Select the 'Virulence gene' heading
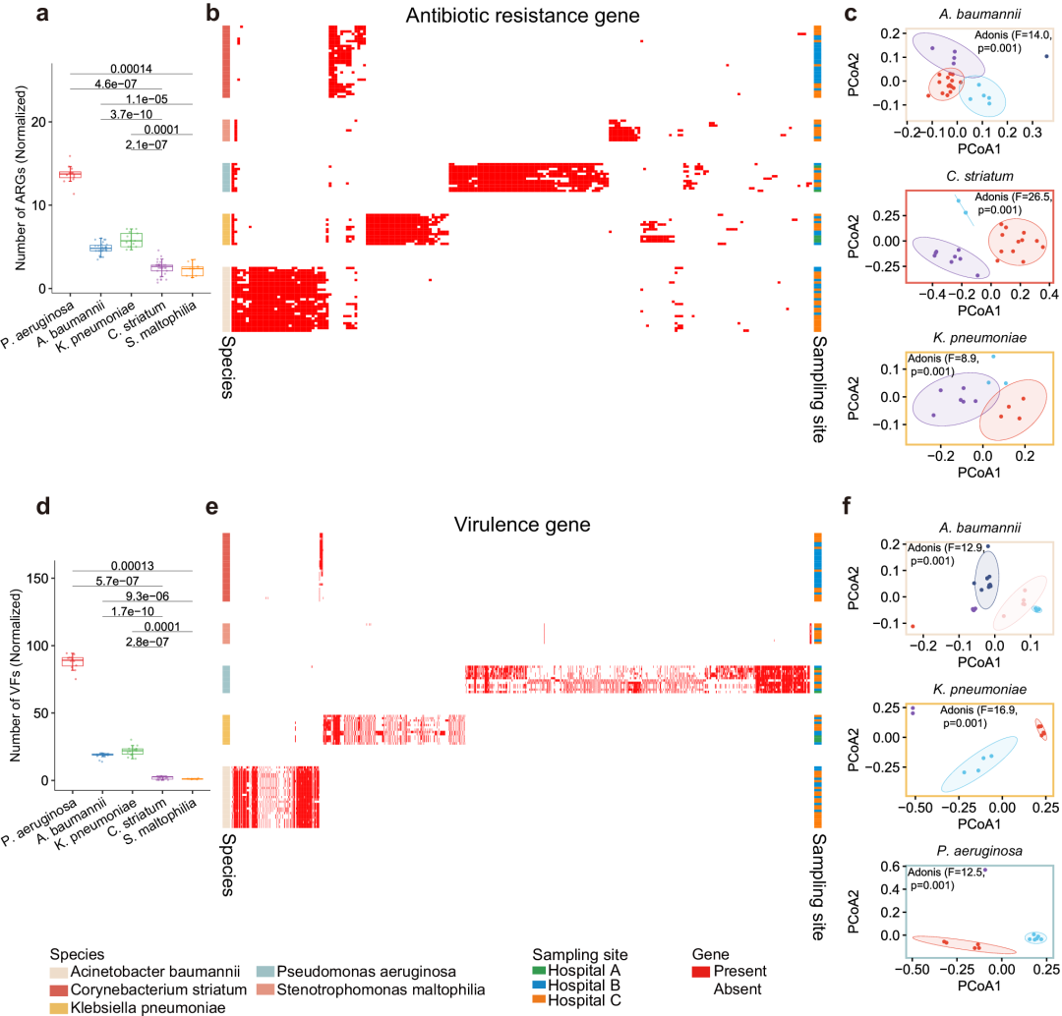pos(523,525)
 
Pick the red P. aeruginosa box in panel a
pos(71,174)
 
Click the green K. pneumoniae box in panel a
pos(131,240)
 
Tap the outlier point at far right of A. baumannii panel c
pos(1046,56)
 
